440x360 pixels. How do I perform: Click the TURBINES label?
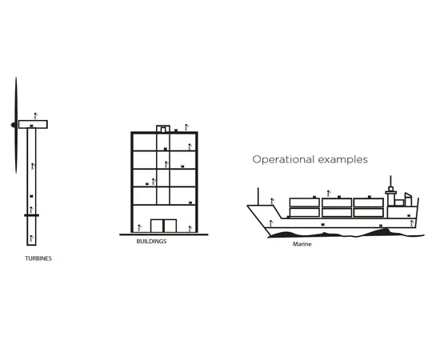(x=38, y=258)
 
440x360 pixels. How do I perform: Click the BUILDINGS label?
(x=151, y=242)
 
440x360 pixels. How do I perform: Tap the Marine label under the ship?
(x=302, y=244)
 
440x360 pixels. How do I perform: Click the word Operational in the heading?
(x=283, y=160)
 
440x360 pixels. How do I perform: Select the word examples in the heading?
(x=343, y=160)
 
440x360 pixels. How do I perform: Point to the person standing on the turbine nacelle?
(x=35, y=116)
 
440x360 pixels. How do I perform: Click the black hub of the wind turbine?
(x=13, y=125)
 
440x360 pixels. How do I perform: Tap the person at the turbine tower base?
(x=31, y=238)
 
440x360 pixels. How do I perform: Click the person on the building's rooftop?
(x=186, y=127)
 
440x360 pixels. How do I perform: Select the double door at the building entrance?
(x=163, y=226)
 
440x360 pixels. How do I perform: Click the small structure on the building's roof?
(x=163, y=129)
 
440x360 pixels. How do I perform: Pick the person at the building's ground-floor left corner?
(x=139, y=228)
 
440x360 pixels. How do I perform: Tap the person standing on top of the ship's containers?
(x=329, y=194)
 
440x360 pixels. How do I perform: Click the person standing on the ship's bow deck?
(x=272, y=202)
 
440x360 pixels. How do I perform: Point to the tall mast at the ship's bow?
(x=258, y=197)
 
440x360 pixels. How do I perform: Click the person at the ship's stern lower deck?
(x=412, y=224)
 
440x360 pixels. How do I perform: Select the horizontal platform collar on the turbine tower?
(x=31, y=215)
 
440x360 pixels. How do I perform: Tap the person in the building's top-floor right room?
(x=190, y=146)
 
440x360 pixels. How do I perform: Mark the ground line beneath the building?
(x=164, y=234)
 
